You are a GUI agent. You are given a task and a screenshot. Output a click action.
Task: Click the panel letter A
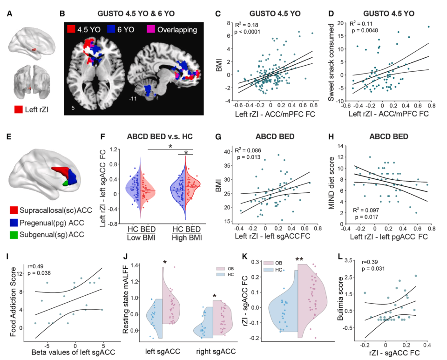pyautogui.click(x=9, y=14)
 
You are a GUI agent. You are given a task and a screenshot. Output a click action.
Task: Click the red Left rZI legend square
pyautogui.click(x=19, y=109)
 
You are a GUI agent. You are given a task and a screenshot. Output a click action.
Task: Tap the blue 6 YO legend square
pyautogui.click(x=111, y=29)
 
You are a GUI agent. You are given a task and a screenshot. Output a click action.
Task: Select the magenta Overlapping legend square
pyautogui.click(x=151, y=29)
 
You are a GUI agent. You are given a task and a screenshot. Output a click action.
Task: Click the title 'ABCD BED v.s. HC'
pyautogui.click(x=160, y=136)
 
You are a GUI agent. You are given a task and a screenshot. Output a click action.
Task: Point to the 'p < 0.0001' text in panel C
pyautogui.click(x=247, y=32)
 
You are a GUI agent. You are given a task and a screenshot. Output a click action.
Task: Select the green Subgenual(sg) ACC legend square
pyautogui.click(x=14, y=235)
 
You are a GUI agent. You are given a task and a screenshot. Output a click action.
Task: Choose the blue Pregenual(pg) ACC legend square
pyautogui.click(x=14, y=223)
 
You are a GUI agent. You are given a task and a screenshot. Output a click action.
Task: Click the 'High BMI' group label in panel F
pyautogui.click(x=187, y=238)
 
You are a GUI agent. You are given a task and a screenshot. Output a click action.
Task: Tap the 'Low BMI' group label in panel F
pyautogui.click(x=141, y=238)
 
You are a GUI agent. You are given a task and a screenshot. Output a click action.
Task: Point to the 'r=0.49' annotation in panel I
pyautogui.click(x=36, y=266)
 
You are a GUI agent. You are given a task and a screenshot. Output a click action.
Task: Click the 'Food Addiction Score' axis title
pyautogui.click(x=13, y=302)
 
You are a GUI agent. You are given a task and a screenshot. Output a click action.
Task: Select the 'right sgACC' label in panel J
pyautogui.click(x=216, y=352)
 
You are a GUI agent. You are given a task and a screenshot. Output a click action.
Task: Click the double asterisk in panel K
pyautogui.click(x=299, y=260)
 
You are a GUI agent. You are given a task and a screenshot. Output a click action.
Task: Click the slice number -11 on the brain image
pyautogui.click(x=133, y=99)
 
